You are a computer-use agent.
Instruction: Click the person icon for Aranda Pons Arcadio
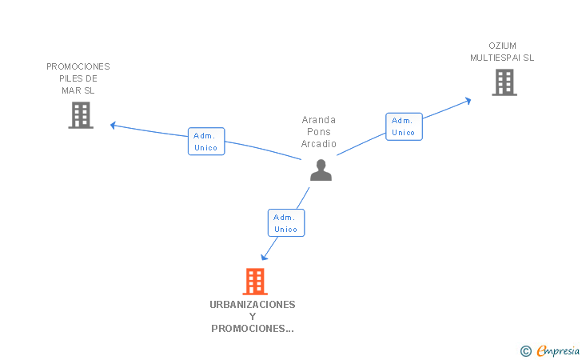(321, 170)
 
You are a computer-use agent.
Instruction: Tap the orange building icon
(254, 282)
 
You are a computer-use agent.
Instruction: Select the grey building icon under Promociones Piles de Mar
(81, 115)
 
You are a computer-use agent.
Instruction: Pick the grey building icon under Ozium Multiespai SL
(504, 82)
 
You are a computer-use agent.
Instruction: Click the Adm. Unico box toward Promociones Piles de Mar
(206, 142)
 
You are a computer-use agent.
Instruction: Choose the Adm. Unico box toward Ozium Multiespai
(404, 126)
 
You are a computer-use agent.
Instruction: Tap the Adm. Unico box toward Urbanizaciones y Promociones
(285, 223)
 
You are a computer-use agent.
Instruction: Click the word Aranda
(319, 120)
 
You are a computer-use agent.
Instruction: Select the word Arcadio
(319, 144)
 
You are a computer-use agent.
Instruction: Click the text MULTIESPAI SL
(502, 58)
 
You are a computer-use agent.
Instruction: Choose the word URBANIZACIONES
(253, 304)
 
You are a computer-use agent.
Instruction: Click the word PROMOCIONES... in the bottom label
(253, 328)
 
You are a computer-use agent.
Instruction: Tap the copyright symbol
(525, 350)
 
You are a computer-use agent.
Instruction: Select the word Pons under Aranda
(319, 132)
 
